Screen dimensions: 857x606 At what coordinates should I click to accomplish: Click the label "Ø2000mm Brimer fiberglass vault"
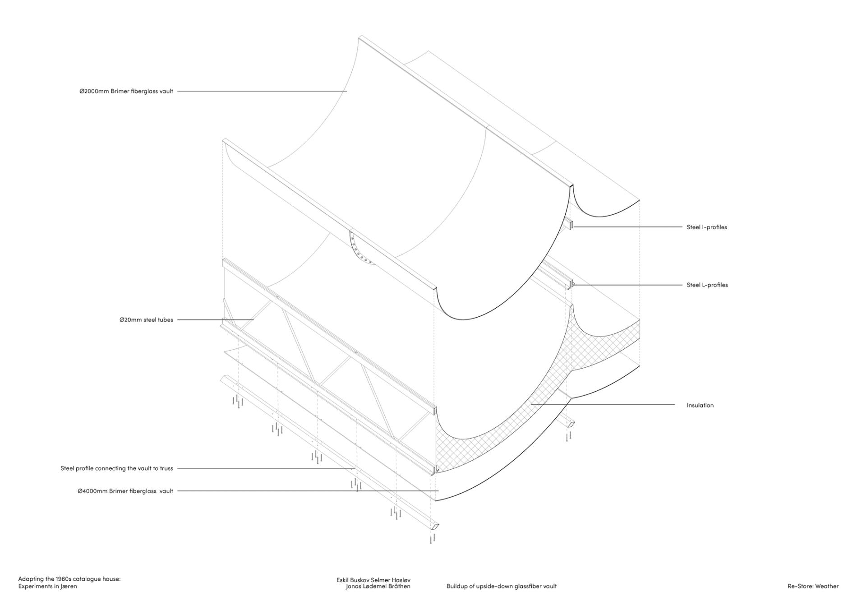[x=126, y=91]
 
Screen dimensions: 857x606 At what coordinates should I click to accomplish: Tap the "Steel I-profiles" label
[x=706, y=227]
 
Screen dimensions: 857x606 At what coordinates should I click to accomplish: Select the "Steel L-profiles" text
[x=707, y=285]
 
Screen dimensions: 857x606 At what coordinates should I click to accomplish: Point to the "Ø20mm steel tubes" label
[x=146, y=320]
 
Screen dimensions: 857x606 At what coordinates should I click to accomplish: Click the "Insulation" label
[x=700, y=405]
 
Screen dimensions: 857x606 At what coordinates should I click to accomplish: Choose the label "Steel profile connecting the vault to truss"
[x=117, y=468]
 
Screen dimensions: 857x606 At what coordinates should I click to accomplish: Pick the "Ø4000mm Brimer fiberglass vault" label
[x=125, y=491]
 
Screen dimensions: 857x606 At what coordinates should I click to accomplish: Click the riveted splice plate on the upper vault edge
[x=359, y=250]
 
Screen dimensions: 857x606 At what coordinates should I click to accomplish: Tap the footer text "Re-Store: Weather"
[x=813, y=586]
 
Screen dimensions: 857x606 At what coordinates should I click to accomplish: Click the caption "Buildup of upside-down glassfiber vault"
[x=502, y=586]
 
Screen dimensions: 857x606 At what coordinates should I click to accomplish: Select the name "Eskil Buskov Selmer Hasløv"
[x=373, y=580]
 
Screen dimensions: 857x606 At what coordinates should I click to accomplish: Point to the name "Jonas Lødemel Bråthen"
[x=378, y=586]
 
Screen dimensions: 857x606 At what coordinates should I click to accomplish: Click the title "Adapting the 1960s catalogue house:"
[x=69, y=579]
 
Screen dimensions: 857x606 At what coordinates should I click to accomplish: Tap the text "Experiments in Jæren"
[x=48, y=586]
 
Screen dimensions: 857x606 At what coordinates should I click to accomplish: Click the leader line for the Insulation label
[x=604, y=405]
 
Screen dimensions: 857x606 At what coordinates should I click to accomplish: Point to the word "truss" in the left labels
[x=166, y=468]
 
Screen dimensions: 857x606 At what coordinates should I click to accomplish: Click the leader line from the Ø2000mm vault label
[x=262, y=91]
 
